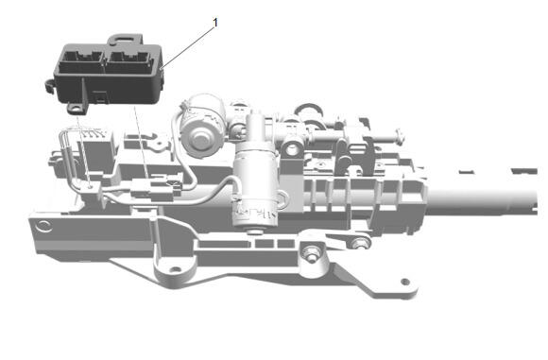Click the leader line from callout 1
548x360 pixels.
(189, 43)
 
